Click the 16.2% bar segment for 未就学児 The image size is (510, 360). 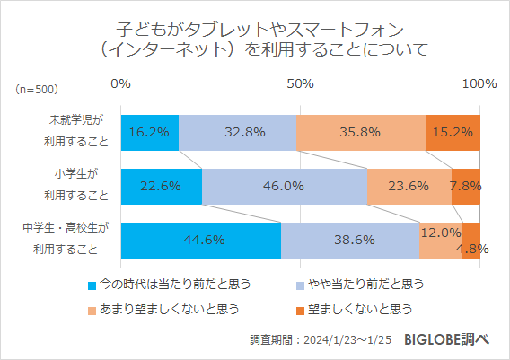pos(149,132)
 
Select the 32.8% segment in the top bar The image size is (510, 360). pos(237,132)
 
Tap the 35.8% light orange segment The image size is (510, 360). pos(360,132)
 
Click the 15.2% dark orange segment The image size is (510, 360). pos(453,132)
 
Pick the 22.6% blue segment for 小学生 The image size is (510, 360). pos(161,186)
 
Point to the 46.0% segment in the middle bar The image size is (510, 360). pos(285,186)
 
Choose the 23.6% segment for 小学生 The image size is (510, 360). pos(409,186)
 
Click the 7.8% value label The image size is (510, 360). pos(466,186)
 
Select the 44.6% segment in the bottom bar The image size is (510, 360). pos(200,240)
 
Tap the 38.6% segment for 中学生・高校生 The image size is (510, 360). pos(350,240)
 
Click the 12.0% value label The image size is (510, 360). pos(441,233)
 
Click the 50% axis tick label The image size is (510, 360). pos(300,83)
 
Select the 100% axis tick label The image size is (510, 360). pos(479,83)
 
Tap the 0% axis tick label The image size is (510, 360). pos(120,83)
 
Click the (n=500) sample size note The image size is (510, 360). pos(37,89)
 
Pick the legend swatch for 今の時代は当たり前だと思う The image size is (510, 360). pos(92,285)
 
